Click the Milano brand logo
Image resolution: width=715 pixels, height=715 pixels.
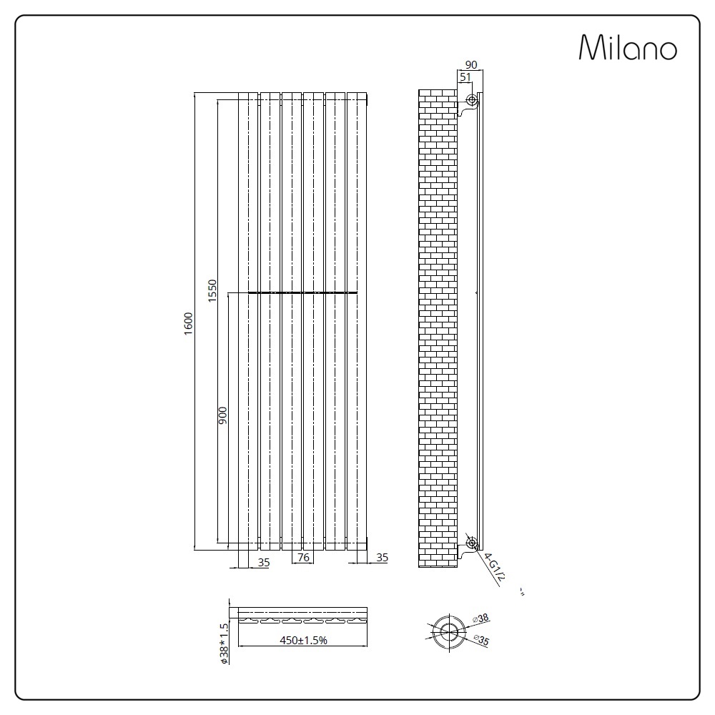point(627,48)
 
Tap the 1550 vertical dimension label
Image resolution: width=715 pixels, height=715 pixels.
point(212,290)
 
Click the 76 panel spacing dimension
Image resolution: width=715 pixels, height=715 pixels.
point(302,558)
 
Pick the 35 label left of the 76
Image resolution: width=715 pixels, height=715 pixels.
point(264,562)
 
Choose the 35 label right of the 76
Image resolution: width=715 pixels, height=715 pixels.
point(382,558)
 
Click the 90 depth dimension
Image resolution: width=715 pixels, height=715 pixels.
point(470,64)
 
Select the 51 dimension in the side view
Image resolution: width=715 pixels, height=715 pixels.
point(465,77)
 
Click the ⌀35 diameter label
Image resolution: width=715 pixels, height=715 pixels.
point(480,642)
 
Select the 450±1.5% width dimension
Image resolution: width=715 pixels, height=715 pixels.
point(303,641)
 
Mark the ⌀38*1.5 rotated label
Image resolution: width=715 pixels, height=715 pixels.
point(224,643)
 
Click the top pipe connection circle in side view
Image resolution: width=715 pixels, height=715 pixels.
point(470,99)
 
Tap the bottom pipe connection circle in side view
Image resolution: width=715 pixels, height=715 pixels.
point(471,543)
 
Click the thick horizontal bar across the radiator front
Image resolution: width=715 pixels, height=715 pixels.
point(302,292)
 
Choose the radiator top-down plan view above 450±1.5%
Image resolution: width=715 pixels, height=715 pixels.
point(300,614)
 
